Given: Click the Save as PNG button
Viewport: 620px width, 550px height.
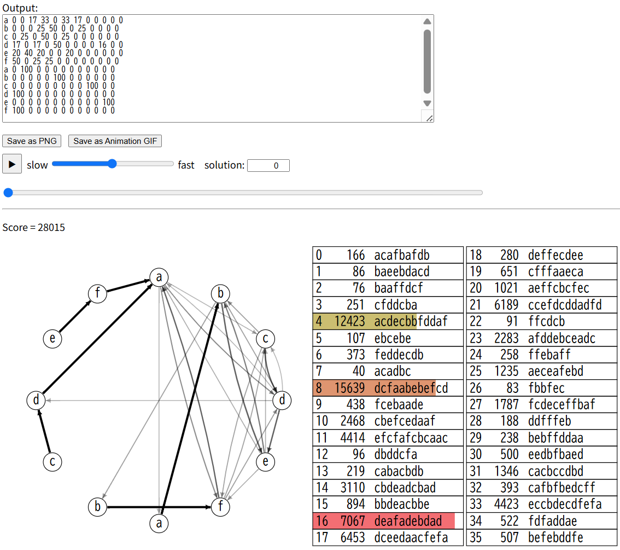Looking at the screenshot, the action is point(32,141).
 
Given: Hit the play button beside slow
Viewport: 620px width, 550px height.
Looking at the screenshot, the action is point(12,164).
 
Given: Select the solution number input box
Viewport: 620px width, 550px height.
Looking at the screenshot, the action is point(268,165).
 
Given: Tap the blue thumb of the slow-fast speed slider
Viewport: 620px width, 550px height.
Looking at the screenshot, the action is point(112,164).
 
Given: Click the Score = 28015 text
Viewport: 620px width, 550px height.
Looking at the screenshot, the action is point(33,227).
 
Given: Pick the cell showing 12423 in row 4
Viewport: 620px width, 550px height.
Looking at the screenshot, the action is point(349,321).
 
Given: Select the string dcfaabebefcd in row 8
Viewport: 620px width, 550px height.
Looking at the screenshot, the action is point(411,388).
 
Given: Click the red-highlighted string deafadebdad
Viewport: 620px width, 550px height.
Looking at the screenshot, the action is point(407,521).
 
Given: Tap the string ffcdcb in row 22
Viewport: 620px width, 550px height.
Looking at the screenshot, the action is point(546,321).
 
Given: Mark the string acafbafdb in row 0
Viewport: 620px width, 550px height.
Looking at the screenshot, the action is point(401,255).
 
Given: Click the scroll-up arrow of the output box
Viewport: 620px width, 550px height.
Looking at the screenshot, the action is point(427,21).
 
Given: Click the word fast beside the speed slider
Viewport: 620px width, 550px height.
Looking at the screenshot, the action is point(186,165).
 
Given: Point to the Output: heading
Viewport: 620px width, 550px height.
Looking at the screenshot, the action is point(20,8).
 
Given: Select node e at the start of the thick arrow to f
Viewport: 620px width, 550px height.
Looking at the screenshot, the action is point(52,339).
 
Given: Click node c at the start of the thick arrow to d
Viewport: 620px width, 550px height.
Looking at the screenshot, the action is point(52,462).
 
